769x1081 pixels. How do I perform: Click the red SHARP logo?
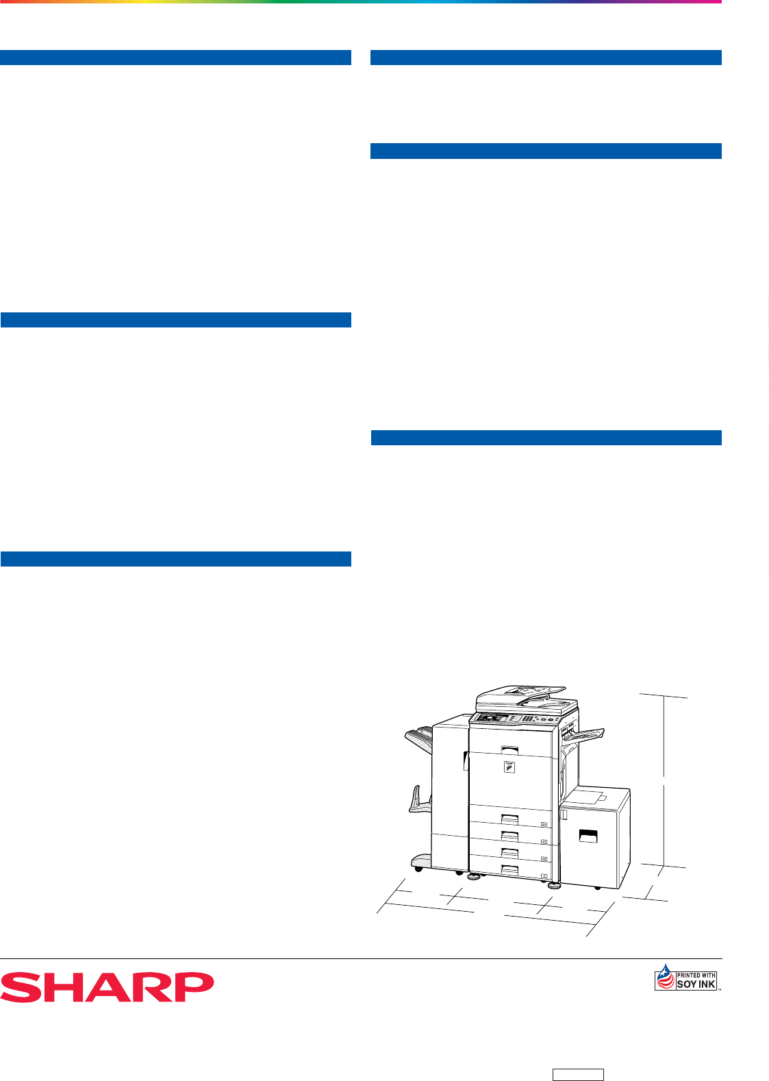pyautogui.click(x=107, y=987)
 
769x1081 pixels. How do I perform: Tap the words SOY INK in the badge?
pyautogui.click(x=696, y=984)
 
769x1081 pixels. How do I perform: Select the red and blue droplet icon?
pyautogui.click(x=666, y=977)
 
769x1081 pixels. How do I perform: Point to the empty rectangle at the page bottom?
pyautogui.click(x=578, y=1075)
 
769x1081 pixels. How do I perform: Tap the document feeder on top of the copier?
pyautogui.click(x=526, y=699)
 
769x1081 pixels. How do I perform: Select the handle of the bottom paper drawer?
pyautogui.click(x=510, y=871)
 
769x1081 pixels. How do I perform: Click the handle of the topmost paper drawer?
pyautogui.click(x=510, y=819)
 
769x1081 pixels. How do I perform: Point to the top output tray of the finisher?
pyautogui.click(x=419, y=737)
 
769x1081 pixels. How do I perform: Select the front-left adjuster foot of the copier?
pyautogui.click(x=475, y=877)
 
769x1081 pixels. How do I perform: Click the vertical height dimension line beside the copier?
pyautogui.click(x=664, y=782)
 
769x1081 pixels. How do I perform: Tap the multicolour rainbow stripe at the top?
pyautogui.click(x=361, y=2)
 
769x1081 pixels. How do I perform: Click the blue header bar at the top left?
pyautogui.click(x=175, y=58)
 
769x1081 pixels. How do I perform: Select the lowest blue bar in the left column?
pyautogui.click(x=175, y=559)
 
